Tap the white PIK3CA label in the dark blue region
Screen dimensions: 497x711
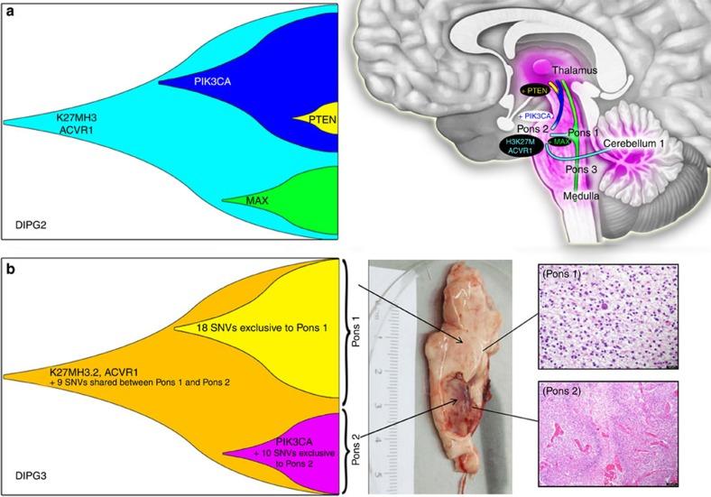pos(213,80)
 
